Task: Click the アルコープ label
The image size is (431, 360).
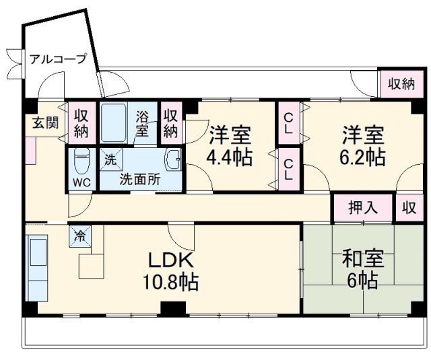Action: click(58, 59)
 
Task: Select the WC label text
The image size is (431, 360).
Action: click(81, 182)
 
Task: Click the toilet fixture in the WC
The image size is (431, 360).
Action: click(82, 161)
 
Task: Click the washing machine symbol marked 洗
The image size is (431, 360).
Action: click(110, 160)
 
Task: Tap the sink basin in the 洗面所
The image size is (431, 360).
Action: click(173, 160)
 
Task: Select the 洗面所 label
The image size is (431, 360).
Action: click(140, 180)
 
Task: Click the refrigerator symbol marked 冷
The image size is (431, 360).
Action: click(79, 236)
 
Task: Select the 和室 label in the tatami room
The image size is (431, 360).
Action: click(364, 259)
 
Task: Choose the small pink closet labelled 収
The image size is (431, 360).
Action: click(409, 207)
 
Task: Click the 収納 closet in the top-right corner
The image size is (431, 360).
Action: click(400, 84)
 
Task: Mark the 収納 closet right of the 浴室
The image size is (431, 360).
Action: click(171, 122)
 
